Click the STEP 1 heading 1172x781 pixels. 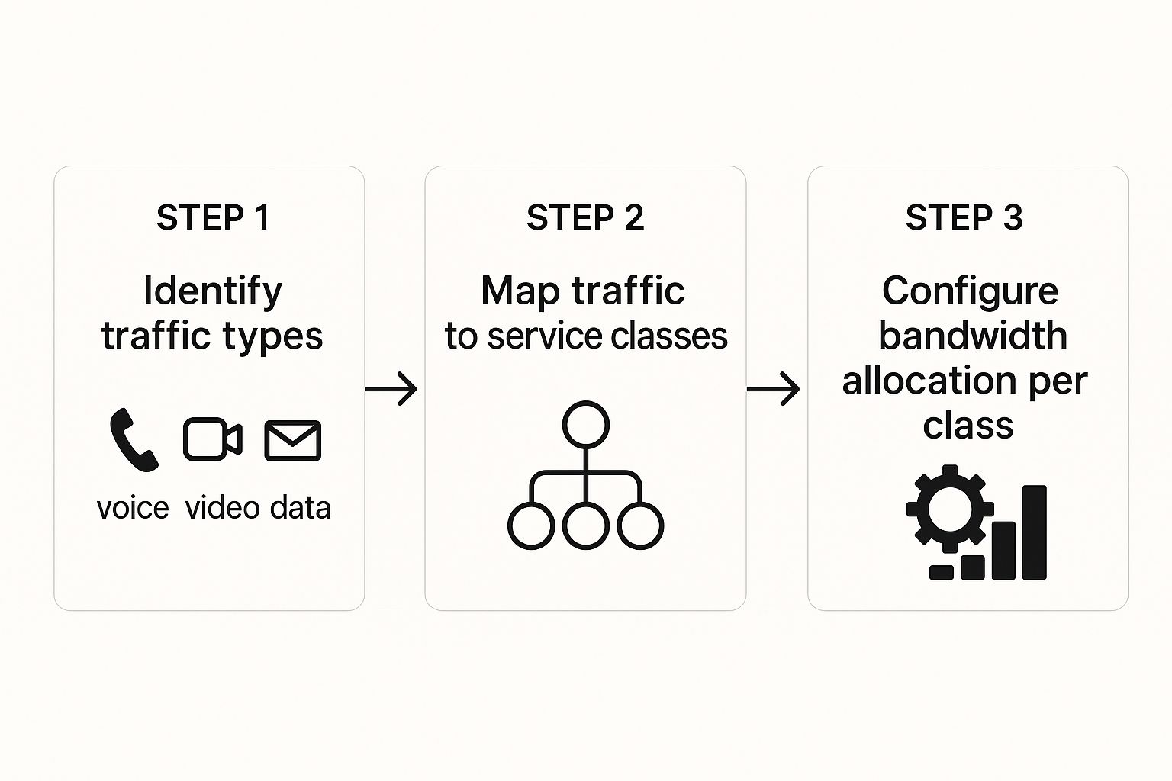point(213,217)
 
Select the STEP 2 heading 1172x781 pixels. point(585,217)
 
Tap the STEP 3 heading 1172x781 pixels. point(964,217)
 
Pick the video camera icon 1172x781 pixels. point(212,439)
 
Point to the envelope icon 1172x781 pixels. point(293,441)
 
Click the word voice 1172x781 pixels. point(133,508)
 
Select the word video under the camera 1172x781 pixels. point(222,507)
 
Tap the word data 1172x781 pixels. point(301,507)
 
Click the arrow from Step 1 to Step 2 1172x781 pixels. point(391,389)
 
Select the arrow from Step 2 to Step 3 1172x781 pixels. point(773,389)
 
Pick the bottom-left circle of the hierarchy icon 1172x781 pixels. point(531,503)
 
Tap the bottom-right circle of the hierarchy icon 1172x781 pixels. point(640,503)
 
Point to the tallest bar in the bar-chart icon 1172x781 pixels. point(1035,532)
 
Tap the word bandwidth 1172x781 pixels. point(973,336)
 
